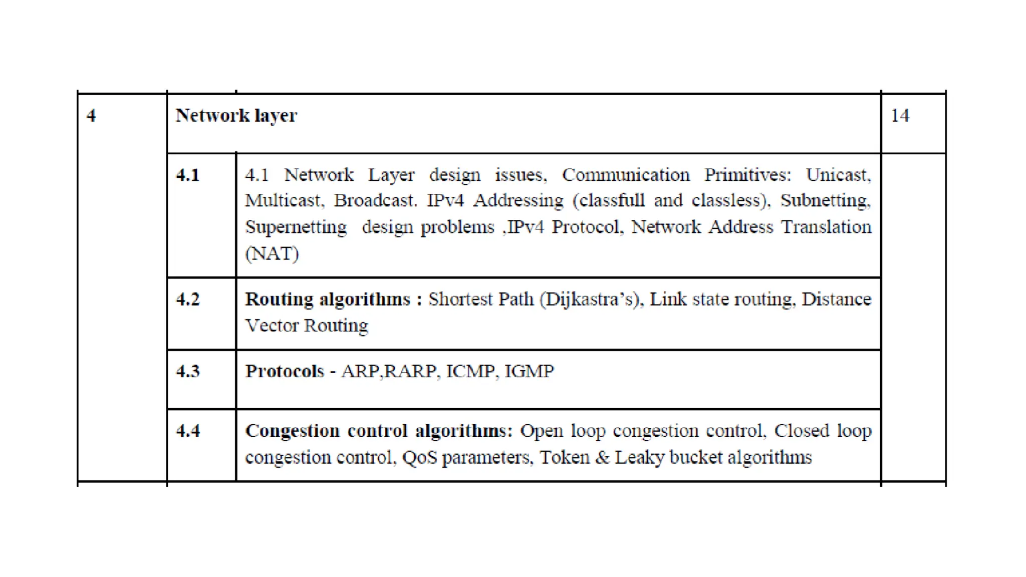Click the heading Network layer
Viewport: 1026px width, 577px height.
click(x=236, y=116)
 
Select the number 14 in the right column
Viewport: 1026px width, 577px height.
click(x=900, y=116)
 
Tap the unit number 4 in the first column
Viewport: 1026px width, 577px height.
click(x=91, y=116)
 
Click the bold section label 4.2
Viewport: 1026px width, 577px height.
click(x=188, y=300)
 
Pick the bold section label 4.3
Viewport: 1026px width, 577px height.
click(x=188, y=371)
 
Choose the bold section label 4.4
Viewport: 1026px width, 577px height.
click(x=188, y=431)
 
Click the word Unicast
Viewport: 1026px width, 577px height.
click(x=838, y=175)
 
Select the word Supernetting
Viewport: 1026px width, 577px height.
click(x=296, y=227)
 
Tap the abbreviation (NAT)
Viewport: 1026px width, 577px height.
click(x=272, y=253)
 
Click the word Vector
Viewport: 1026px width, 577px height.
click(x=272, y=326)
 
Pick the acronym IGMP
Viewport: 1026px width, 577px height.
click(x=529, y=371)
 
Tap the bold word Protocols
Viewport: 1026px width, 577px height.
click(x=285, y=371)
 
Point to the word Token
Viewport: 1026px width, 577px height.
click(x=564, y=457)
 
